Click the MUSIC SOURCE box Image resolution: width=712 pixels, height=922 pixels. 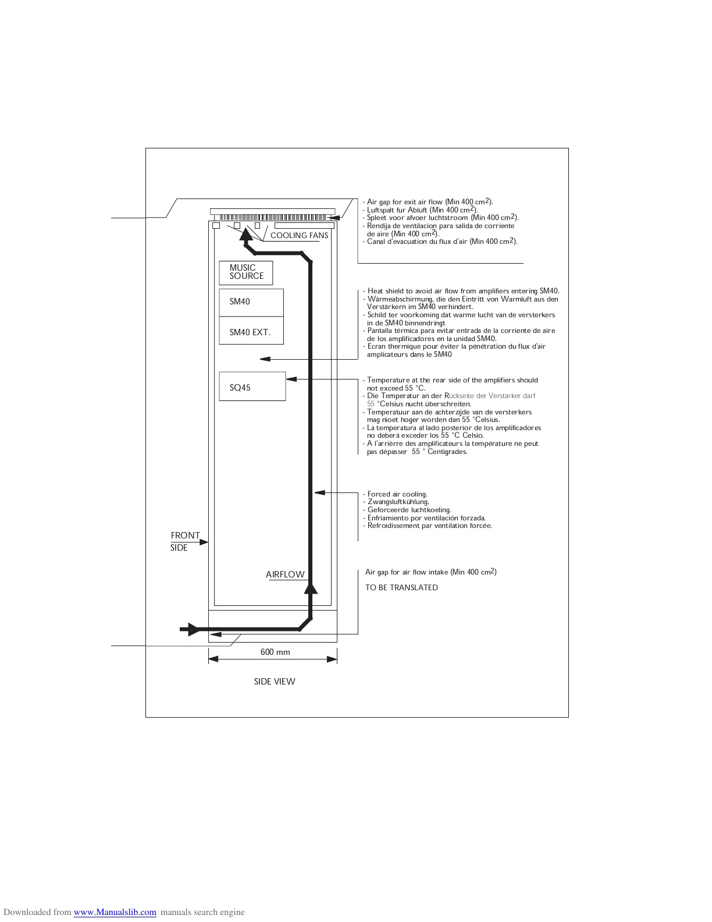tap(245, 272)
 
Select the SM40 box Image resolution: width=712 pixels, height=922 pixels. tap(251, 302)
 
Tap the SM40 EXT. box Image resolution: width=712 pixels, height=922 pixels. tap(251, 332)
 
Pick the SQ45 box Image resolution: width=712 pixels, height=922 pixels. tap(252, 386)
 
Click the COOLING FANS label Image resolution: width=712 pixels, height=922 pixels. tap(299, 236)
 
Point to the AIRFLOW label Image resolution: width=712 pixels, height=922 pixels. tap(285, 575)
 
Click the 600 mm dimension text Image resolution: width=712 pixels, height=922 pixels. tap(275, 652)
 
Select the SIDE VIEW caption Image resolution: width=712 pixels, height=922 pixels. tap(275, 682)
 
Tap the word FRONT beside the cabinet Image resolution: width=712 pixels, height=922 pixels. tap(185, 536)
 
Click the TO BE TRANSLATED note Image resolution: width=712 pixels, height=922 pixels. tap(401, 588)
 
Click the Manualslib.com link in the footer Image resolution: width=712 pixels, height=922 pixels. tap(115, 912)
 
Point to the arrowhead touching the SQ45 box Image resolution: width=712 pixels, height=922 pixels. tap(291, 379)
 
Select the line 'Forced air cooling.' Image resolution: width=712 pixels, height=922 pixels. tap(397, 494)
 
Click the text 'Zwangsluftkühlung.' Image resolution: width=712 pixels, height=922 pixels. tap(398, 502)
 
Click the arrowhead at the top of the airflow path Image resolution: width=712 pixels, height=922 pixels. tap(246, 234)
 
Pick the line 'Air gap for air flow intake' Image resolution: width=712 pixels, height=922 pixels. tap(430, 572)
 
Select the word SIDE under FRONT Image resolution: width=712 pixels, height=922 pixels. tap(179, 548)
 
